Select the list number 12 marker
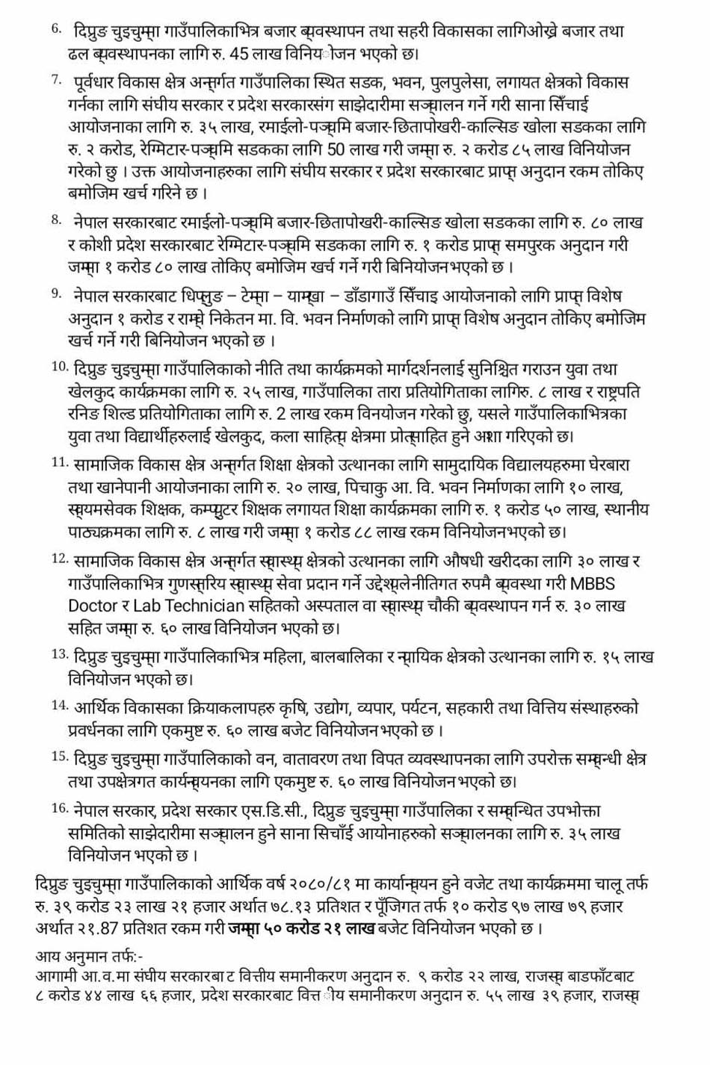(60, 558)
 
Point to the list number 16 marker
(60, 807)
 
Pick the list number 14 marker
(60, 704)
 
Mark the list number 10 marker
(60, 366)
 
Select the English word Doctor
(93, 606)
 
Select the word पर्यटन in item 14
(422, 707)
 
